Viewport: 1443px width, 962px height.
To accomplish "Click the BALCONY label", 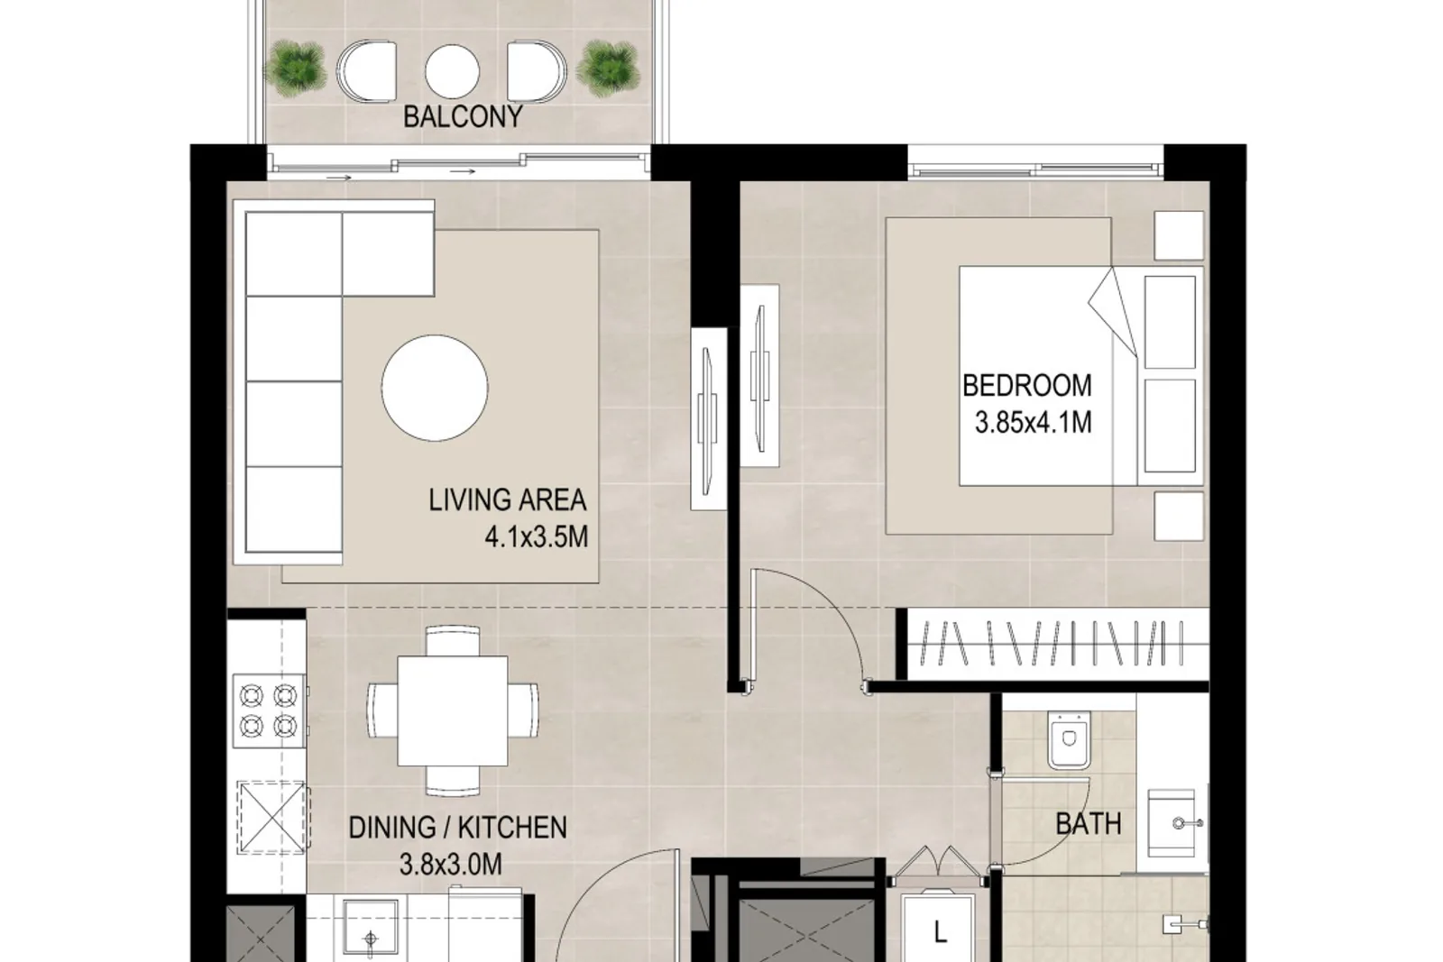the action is pyautogui.click(x=463, y=116).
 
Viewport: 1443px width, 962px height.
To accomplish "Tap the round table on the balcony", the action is pyautogui.click(x=452, y=71).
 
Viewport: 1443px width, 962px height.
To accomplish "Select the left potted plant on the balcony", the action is pyautogui.click(x=295, y=69).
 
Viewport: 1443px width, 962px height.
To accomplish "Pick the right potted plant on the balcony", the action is pyautogui.click(x=608, y=69).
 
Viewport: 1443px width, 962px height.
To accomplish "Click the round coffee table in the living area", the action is pyautogui.click(x=435, y=389).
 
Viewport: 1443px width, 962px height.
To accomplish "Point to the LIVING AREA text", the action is pyautogui.click(x=508, y=500).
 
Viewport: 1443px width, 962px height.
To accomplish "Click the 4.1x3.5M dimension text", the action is pyautogui.click(x=537, y=536).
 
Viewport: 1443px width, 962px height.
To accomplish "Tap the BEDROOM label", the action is pyautogui.click(x=1027, y=386).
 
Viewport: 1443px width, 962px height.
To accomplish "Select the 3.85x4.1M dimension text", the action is pyautogui.click(x=1034, y=423).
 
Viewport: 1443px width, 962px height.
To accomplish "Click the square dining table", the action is pyautogui.click(x=452, y=710).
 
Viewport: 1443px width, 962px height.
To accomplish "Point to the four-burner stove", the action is pyautogui.click(x=269, y=710).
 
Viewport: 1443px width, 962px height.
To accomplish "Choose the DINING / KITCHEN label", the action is pyautogui.click(x=458, y=828).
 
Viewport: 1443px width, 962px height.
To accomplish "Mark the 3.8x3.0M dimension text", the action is pyautogui.click(x=451, y=864).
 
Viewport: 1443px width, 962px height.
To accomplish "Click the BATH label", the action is pyautogui.click(x=1089, y=823).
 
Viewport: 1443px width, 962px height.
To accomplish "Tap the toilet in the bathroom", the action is pyautogui.click(x=1070, y=740).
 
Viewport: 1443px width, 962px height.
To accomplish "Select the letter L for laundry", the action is pyautogui.click(x=941, y=931).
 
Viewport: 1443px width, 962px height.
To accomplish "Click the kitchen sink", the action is pyautogui.click(x=371, y=927).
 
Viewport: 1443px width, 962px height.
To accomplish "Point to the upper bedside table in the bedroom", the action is pyautogui.click(x=1179, y=236).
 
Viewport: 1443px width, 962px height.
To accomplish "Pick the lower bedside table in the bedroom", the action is pyautogui.click(x=1179, y=517).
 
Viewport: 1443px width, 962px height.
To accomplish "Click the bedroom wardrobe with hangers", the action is pyautogui.click(x=1054, y=643).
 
